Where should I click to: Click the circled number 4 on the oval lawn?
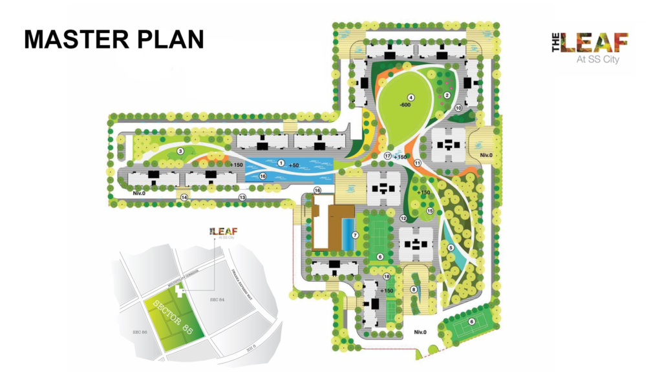tap(410, 98)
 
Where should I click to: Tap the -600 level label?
tap(405, 105)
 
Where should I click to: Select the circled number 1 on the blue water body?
tap(281, 163)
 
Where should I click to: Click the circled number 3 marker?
tap(181, 151)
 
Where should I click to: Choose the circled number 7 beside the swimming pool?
tap(355, 235)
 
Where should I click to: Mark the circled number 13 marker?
tap(243, 196)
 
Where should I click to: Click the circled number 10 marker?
tap(458, 108)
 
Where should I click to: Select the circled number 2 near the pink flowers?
tap(446, 96)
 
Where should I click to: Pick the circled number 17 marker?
tap(388, 156)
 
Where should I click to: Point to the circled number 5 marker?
tap(451, 245)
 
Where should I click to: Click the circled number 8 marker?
tap(413, 289)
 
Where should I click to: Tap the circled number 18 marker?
tap(387, 277)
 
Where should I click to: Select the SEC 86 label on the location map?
tap(136, 331)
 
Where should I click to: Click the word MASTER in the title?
tap(67, 38)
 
